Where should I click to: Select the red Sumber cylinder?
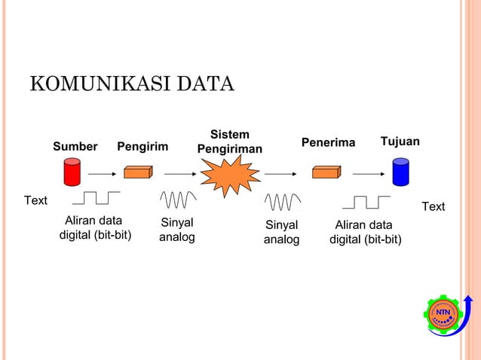tap(72, 172)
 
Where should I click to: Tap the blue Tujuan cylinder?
tap(400, 172)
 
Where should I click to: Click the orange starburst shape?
tap(228, 175)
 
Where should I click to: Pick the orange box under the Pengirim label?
tap(138, 172)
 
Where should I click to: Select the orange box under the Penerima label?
tap(326, 172)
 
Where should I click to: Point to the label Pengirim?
tap(142, 146)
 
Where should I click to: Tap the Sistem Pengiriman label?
tap(229, 142)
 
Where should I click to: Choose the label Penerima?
tap(328, 143)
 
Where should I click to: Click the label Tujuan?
tap(400, 142)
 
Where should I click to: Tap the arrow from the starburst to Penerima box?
tap(280, 172)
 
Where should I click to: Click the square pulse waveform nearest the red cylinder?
tap(96, 198)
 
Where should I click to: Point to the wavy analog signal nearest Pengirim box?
tap(179, 200)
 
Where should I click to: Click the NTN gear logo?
tap(442, 313)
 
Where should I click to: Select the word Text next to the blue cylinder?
tap(433, 206)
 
